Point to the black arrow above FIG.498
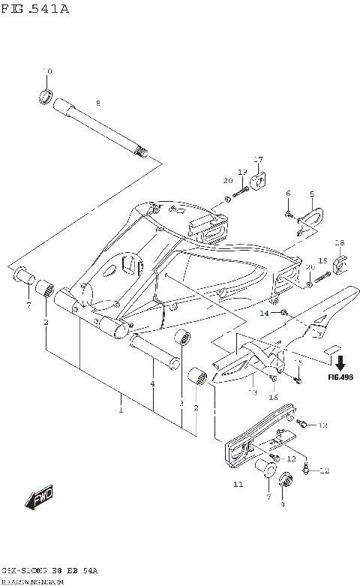point(340,362)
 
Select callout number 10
point(49,71)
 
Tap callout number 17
point(258,159)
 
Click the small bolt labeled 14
point(284,311)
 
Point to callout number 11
point(238,485)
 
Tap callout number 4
point(152,384)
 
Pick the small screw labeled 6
point(289,215)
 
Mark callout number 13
point(252,392)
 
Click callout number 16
point(274,397)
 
